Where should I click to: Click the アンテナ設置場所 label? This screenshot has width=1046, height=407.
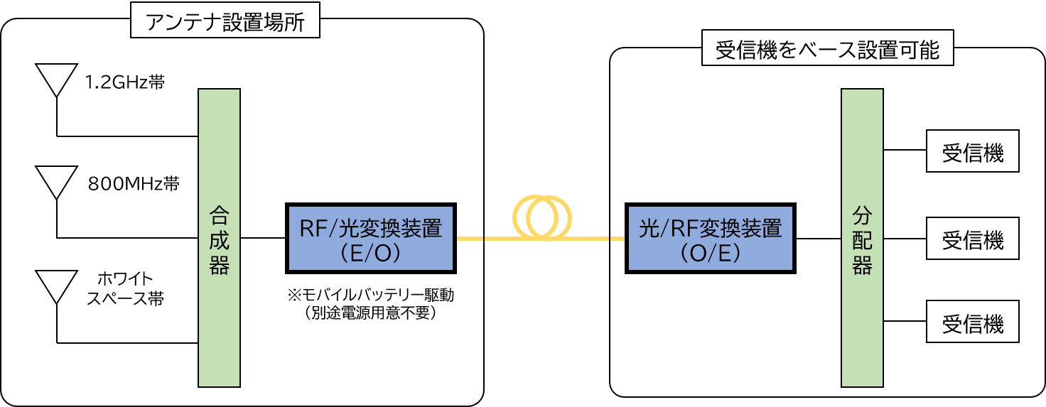225,23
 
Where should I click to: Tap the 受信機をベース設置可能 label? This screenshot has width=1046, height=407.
827,50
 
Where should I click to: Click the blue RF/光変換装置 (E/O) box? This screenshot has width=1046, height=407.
370,239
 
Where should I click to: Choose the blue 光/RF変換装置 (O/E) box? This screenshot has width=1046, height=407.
710,239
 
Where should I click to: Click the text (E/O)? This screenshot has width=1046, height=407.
371,253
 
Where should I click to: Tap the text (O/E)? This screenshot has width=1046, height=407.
711,253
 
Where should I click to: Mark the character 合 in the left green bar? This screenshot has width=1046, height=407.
220,215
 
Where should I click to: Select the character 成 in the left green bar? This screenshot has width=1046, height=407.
220,239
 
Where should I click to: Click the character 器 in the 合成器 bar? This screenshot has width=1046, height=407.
220,265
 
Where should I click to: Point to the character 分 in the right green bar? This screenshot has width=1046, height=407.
862,215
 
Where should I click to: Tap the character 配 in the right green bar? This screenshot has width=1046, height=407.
862,239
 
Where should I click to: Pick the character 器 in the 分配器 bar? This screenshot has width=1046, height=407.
862,265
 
